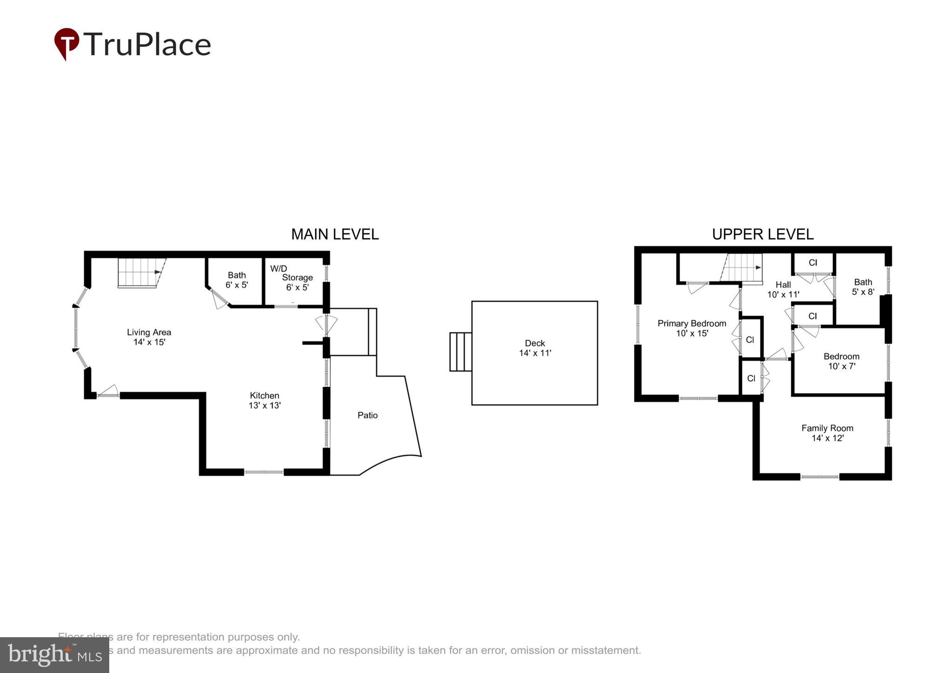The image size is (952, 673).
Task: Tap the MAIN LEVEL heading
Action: point(335,234)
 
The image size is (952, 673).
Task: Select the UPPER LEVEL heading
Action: point(762,234)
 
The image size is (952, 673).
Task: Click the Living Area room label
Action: point(149,337)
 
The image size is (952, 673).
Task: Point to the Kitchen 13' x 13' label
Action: point(264,400)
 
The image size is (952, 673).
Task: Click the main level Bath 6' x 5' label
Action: point(237,280)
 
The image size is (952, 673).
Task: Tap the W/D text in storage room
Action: point(278,269)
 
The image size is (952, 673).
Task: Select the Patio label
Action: point(367,415)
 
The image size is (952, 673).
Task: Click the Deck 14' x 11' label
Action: point(535,348)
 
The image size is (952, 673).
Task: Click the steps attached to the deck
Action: point(460,351)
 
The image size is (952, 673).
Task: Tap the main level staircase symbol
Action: point(139,272)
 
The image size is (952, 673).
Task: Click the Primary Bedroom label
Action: point(692,328)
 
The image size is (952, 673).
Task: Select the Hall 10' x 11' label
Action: point(783,289)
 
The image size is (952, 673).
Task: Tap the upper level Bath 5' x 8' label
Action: point(863,287)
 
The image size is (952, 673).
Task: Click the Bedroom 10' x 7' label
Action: point(841,361)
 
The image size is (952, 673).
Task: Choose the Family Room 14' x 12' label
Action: point(827,433)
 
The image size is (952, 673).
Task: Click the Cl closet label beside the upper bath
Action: point(813,263)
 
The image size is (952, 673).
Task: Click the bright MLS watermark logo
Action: point(54,655)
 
